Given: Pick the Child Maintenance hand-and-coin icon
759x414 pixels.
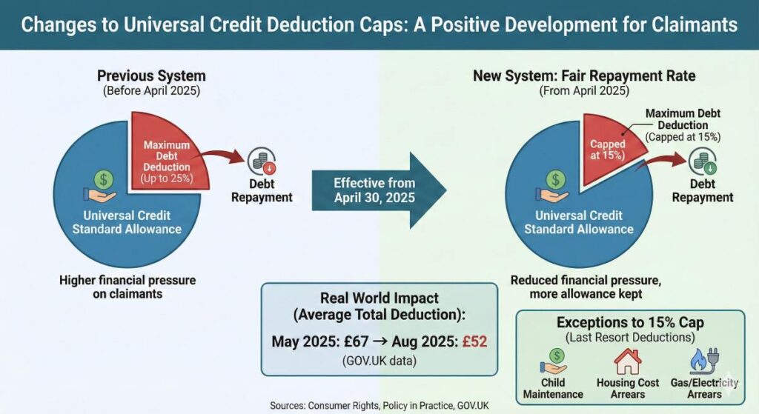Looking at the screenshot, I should (552, 361).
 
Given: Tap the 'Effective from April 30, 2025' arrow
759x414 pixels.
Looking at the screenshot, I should (378, 190).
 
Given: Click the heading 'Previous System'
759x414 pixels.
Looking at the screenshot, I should (151, 76).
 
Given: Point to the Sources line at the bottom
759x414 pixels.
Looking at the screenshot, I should (379, 405).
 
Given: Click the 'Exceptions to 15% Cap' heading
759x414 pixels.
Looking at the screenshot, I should (629, 323).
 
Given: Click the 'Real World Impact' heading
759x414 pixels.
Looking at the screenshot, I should (379, 298).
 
